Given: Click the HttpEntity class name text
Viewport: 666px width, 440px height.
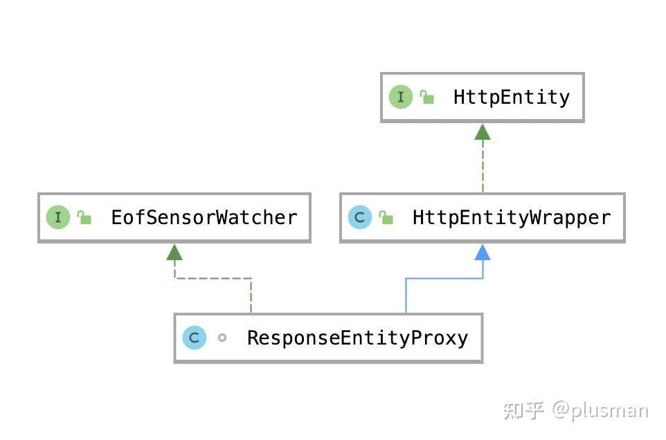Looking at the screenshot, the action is click(x=511, y=97).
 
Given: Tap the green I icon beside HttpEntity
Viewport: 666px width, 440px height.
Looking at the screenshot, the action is click(x=400, y=97).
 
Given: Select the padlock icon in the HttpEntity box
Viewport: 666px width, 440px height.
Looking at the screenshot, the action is click(x=426, y=98).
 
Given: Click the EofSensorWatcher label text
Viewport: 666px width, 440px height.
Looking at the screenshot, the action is click(x=204, y=218).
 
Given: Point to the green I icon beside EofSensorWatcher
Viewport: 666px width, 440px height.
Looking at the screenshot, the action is click(x=58, y=218).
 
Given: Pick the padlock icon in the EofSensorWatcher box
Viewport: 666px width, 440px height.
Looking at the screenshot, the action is click(x=84, y=218).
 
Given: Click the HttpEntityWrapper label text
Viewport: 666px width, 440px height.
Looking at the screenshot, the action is click(x=512, y=218).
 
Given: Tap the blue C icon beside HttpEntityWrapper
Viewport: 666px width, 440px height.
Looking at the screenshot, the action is click(x=359, y=218).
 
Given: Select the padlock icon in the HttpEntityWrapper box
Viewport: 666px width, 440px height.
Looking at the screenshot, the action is click(x=386, y=218).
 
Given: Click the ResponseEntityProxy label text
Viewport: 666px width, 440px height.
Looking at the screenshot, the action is click(x=357, y=338).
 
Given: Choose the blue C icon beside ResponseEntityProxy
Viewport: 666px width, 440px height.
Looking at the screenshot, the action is click(x=195, y=338).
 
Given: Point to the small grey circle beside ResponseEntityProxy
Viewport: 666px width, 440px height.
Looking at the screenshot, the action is click(x=222, y=338).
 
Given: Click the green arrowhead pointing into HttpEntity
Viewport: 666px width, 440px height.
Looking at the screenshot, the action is click(x=483, y=132).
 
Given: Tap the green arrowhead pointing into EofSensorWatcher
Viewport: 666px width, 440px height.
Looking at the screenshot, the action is click(x=174, y=253).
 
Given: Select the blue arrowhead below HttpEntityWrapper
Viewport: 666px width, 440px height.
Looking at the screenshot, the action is click(x=483, y=253).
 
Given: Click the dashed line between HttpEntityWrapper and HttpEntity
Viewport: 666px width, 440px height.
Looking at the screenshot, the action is click(x=483, y=166).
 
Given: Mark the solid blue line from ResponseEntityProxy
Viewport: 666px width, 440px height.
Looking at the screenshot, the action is click(x=443, y=279).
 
